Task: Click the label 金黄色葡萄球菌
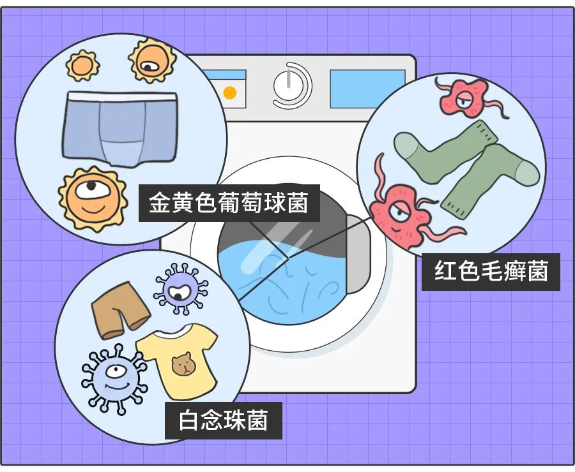(x=229, y=203)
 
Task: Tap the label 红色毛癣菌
(x=491, y=272)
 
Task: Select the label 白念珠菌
(x=223, y=421)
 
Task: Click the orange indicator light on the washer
(x=229, y=93)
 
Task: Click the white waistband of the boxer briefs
(x=121, y=97)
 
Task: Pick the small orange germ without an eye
(x=83, y=65)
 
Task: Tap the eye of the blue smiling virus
(x=114, y=371)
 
